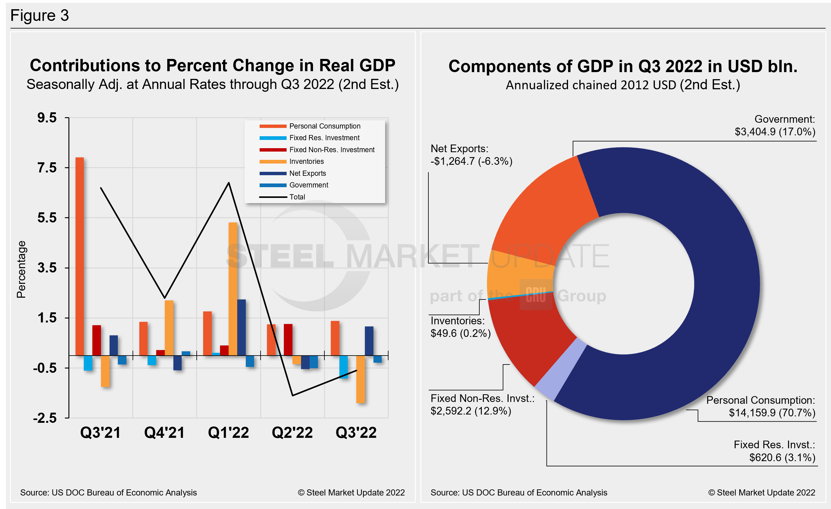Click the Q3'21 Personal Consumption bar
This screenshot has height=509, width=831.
point(79,256)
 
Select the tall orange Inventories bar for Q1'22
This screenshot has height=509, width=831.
point(233,288)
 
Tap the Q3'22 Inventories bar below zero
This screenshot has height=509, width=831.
point(361,379)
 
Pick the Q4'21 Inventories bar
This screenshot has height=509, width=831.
point(169,328)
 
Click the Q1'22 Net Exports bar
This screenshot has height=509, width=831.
point(242,327)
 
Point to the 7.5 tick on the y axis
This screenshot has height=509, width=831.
point(47,168)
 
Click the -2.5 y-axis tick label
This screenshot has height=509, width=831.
point(45,418)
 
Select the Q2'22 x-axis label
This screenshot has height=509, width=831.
point(292,433)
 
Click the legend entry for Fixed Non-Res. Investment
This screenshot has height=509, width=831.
point(331,150)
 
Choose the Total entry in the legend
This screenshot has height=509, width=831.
point(297,197)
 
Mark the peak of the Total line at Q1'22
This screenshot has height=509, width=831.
point(229,183)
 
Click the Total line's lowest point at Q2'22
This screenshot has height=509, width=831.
point(292,395)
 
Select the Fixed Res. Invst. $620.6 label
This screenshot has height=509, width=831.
point(774,451)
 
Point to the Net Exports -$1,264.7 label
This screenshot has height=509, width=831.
point(471,155)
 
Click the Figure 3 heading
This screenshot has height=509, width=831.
point(40,16)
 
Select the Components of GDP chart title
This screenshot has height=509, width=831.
point(623,66)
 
